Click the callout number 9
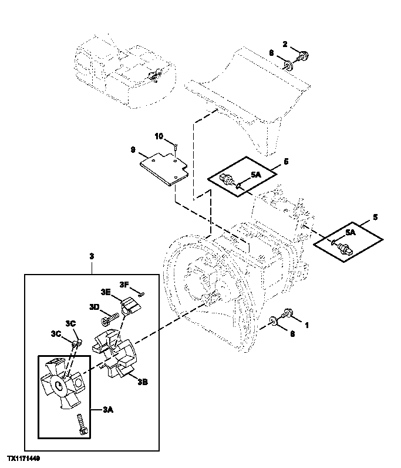[x=133, y=150]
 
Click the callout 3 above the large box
[x=92, y=256]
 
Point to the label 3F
[x=124, y=285]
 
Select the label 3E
[x=106, y=292]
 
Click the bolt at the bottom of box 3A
[x=81, y=425]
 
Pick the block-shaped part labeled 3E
[x=129, y=306]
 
